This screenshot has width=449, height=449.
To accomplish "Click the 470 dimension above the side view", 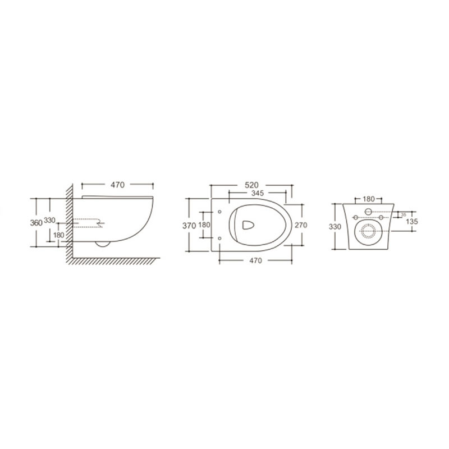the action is [118, 185].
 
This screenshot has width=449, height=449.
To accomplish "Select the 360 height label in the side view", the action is [36, 223].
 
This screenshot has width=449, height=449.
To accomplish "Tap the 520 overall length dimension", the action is [251, 185].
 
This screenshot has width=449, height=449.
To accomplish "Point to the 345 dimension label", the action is [258, 193].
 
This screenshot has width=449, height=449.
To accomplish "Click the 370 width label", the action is [189, 226].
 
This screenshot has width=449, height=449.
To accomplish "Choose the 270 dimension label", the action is [301, 225].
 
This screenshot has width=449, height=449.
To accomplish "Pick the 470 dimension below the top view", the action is [256, 260].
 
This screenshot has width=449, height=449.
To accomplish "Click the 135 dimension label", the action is [412, 221].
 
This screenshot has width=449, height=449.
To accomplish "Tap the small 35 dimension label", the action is [404, 214].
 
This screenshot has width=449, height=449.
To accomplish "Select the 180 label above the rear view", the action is [369, 199].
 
